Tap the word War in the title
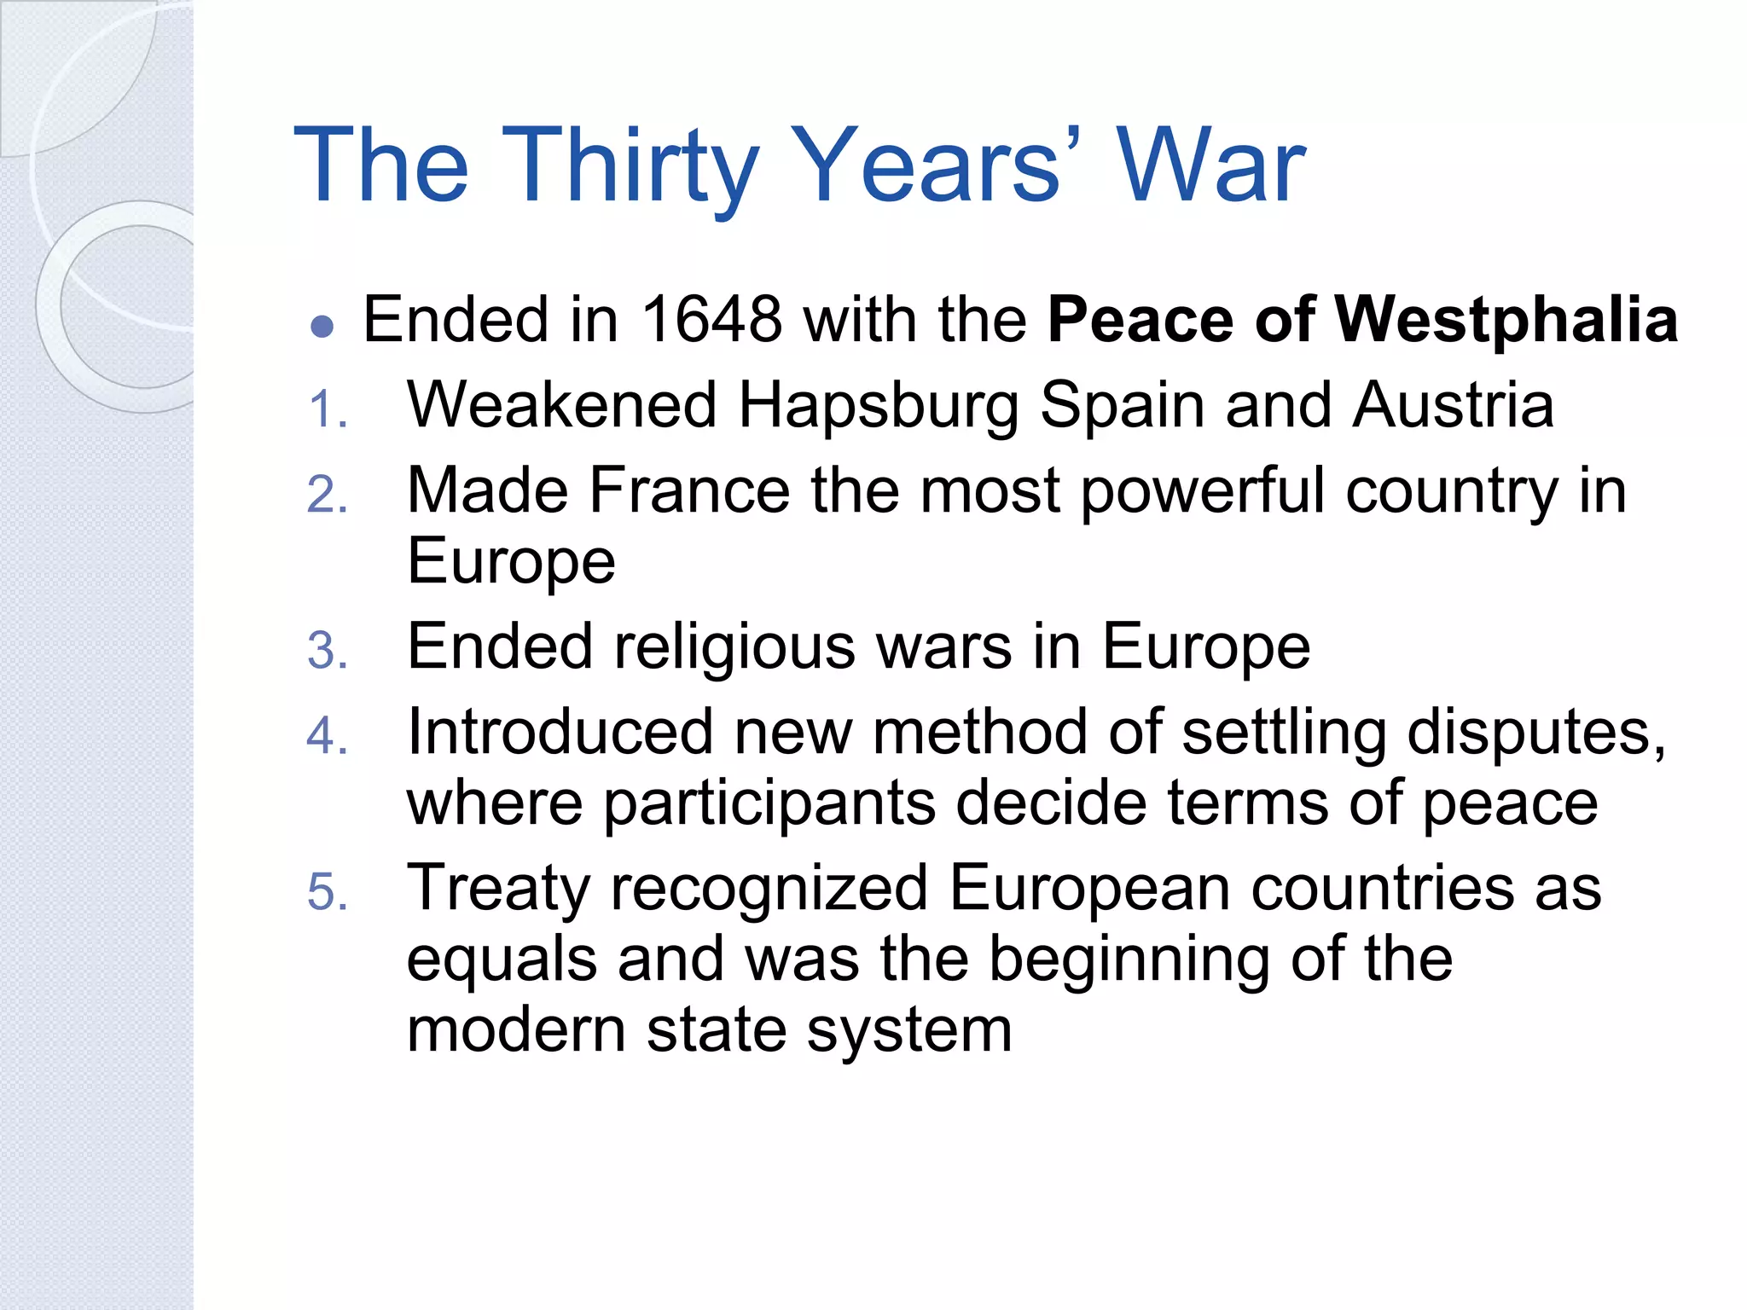click(x=1210, y=165)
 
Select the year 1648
click(x=711, y=320)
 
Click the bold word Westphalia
click(x=1506, y=320)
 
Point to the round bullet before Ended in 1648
click(x=322, y=327)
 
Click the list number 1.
click(x=327, y=409)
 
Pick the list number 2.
click(x=327, y=496)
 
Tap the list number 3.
click(x=327, y=652)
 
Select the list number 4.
click(x=327, y=736)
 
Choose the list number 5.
click(x=327, y=893)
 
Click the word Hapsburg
click(x=879, y=406)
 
